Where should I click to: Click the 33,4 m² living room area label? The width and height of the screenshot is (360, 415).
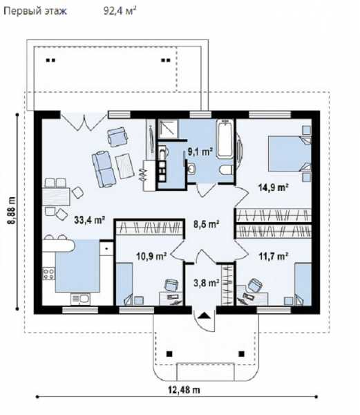(90, 220)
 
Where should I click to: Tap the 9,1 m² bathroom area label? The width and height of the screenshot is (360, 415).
(200, 151)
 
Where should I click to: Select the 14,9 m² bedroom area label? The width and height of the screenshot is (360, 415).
(273, 187)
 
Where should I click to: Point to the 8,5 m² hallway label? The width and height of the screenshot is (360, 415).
(206, 224)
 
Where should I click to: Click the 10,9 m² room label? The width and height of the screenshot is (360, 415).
(151, 256)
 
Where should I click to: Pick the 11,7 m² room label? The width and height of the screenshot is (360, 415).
(273, 256)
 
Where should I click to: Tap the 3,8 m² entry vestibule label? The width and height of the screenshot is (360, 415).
(206, 283)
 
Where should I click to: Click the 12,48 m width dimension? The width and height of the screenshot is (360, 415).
(184, 389)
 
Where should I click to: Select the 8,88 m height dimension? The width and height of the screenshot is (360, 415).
(11, 211)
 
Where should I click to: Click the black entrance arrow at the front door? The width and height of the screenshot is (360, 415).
(204, 315)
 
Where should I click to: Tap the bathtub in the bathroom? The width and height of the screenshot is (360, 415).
(225, 139)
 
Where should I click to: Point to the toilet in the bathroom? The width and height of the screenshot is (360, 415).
(226, 169)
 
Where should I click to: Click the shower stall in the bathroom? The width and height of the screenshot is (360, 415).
(169, 129)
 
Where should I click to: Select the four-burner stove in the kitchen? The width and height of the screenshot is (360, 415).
(49, 274)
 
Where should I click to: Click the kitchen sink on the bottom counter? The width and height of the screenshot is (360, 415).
(80, 299)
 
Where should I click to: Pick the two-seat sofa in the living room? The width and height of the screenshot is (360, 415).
(104, 169)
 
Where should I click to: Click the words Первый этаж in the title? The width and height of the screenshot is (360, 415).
(35, 11)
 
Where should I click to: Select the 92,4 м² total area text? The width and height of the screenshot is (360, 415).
(120, 11)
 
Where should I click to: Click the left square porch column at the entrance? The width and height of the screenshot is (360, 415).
(169, 354)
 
